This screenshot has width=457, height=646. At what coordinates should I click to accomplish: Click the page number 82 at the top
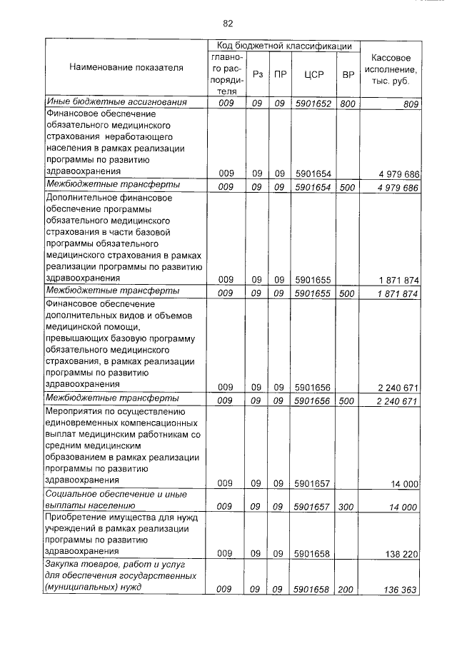click(x=228, y=23)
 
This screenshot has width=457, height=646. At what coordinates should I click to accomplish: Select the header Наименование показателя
click(x=126, y=68)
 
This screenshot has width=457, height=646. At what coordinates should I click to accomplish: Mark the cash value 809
click(x=409, y=104)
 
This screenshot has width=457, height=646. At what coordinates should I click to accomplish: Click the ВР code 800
click(x=348, y=104)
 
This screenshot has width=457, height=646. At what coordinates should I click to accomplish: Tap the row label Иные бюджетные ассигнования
click(x=116, y=103)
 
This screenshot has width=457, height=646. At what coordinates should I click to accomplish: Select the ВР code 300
click(x=348, y=506)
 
